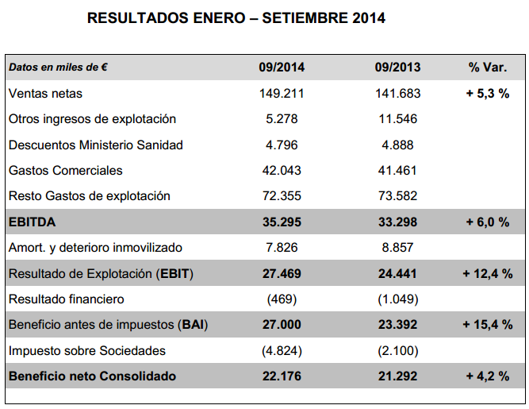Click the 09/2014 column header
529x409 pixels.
tap(282, 68)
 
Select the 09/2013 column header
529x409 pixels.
tap(398, 68)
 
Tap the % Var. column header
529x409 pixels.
tap(488, 68)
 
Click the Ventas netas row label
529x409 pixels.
tap(45, 93)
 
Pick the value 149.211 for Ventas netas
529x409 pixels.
tap(282, 93)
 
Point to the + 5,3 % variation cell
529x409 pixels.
tap(488, 93)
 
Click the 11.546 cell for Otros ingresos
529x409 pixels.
tap(398, 119)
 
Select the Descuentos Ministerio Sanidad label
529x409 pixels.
tap(96, 145)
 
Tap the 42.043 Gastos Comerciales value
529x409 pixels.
tap(282, 170)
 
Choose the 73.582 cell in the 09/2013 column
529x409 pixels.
tap(398, 196)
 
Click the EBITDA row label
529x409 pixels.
tap(32, 222)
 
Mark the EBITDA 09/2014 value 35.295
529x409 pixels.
tap(282, 222)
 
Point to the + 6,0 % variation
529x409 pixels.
tap(488, 222)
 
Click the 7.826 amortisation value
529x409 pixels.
tap(282, 248)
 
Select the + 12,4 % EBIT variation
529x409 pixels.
tap(488, 273)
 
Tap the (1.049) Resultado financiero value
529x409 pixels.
tap(398, 299)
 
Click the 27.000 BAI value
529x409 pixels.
tap(282, 325)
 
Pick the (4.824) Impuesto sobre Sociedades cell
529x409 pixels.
tap(282, 350)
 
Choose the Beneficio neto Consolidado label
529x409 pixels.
tap(93, 376)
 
